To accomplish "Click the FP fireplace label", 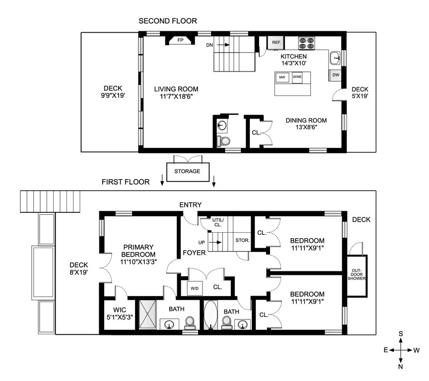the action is coord(180,40).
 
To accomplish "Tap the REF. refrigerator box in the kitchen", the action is coord(276,43).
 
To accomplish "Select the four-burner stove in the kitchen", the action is coord(306,43).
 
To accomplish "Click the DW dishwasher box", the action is coord(336,75).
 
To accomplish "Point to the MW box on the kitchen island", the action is coord(282,77).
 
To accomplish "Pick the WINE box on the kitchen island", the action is coord(297,77).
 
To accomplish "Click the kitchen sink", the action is coord(335,58).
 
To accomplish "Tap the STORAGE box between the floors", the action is coord(188,172).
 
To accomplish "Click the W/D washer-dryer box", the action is coord(195,288).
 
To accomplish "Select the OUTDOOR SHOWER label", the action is coord(357,274).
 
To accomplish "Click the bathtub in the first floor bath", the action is coord(211,315).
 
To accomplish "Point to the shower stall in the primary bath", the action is coord(148,314).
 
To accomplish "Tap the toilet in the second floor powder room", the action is coord(224,141).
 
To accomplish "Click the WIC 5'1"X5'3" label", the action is coord(120,314).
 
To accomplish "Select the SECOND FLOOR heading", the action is coord(168,21).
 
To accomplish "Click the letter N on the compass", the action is coord(401,367).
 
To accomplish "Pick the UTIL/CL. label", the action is coord(218,222).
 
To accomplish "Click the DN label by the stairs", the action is coord(210,45).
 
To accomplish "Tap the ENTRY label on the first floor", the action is coord(191,205).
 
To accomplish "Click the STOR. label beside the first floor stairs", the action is coord(242,240).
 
